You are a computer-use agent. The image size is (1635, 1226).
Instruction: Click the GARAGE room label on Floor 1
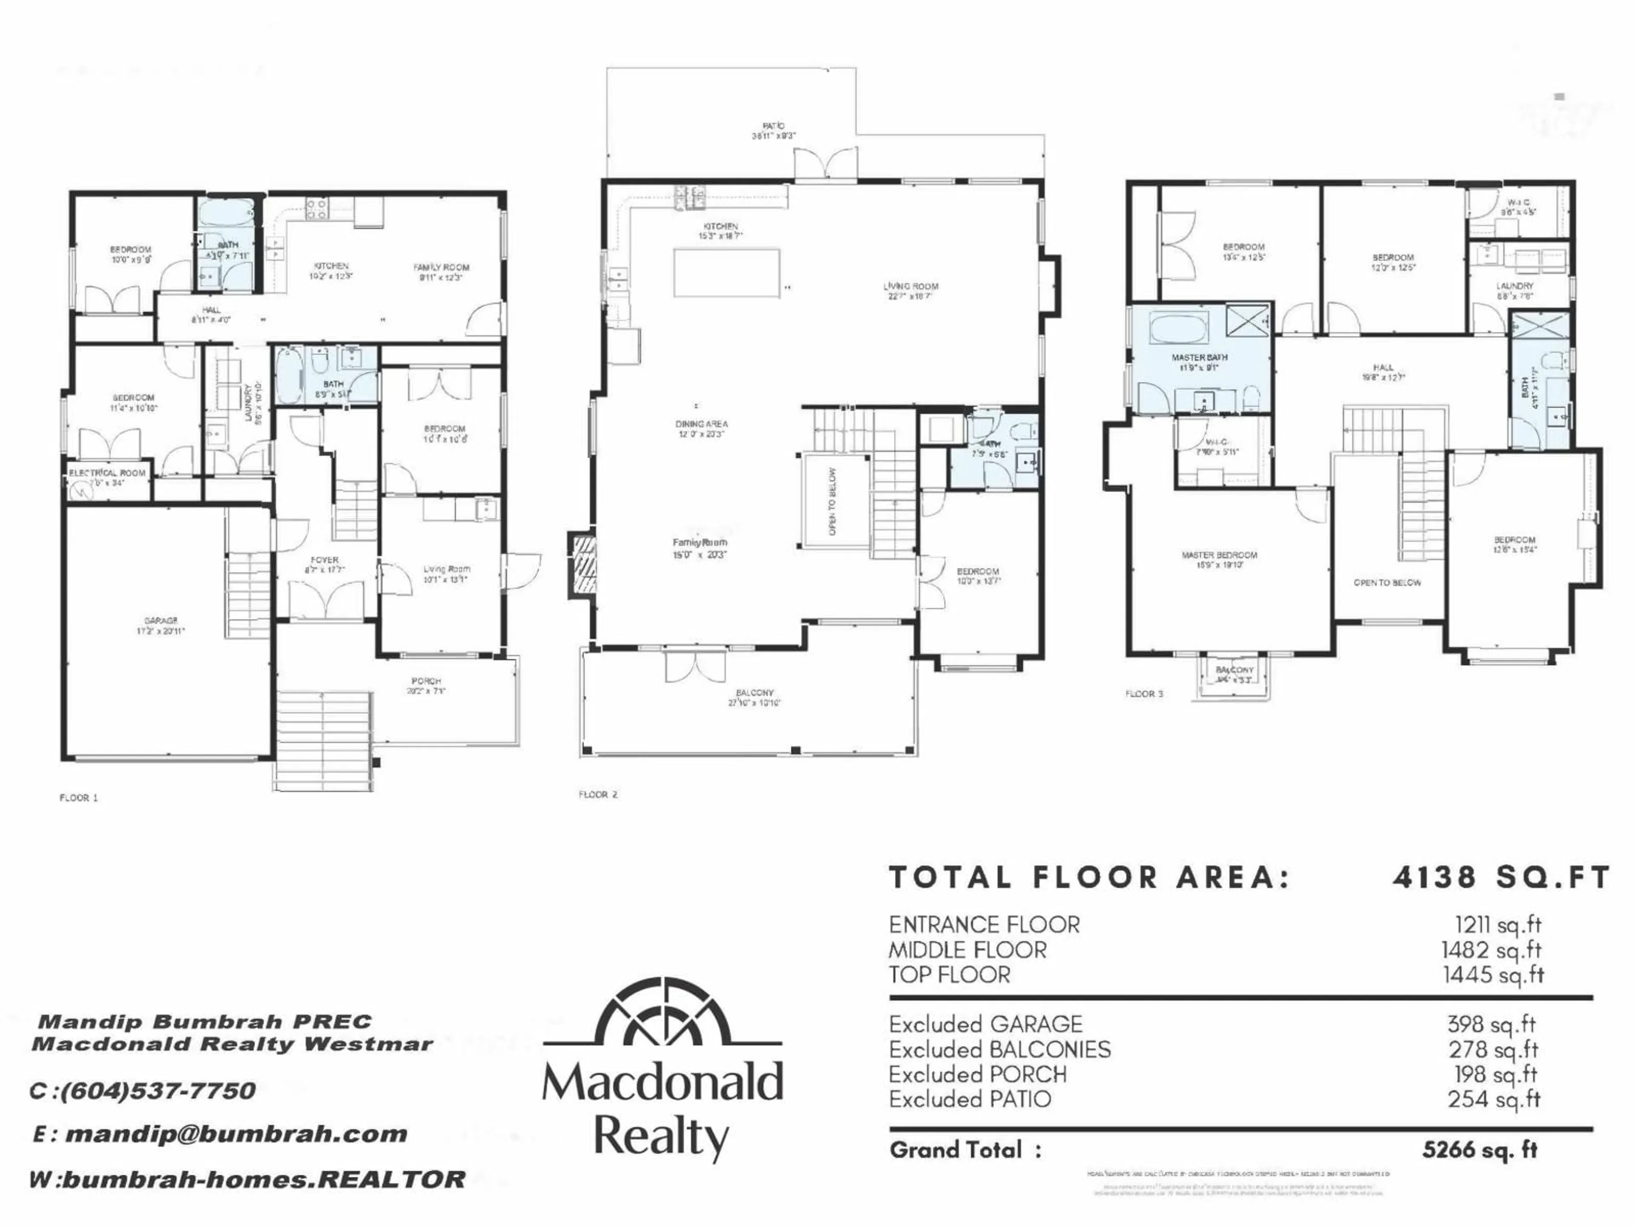tap(161, 621)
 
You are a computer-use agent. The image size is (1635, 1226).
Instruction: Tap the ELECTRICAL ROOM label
tap(107, 473)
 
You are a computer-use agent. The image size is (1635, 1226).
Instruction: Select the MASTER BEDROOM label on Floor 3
tap(1219, 555)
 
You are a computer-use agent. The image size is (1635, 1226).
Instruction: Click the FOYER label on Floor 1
tap(324, 560)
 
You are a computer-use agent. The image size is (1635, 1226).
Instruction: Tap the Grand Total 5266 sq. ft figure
tap(1479, 1150)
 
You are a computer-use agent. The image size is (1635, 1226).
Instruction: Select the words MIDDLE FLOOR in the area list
tap(967, 950)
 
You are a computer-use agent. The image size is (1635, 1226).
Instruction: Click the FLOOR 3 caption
tap(1144, 694)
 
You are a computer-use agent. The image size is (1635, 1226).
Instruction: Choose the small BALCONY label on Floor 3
tap(1234, 670)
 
